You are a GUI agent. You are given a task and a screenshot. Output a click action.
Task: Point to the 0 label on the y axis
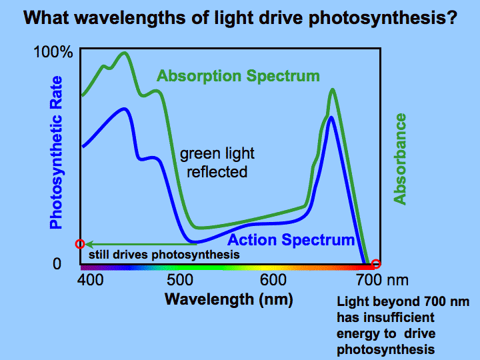[x=57, y=264]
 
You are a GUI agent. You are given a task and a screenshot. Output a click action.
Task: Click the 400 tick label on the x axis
[x=90, y=279]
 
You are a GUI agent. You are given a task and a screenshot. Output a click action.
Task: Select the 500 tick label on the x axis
[x=179, y=279]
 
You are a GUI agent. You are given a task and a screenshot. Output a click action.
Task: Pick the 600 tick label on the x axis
[x=272, y=279]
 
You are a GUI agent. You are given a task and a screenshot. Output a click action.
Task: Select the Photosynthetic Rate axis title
[x=57, y=153]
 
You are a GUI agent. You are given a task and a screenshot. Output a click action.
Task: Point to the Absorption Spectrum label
[x=238, y=76]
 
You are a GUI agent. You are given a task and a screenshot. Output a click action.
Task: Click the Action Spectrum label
[x=291, y=240]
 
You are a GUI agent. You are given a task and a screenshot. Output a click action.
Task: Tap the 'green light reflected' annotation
[x=217, y=163]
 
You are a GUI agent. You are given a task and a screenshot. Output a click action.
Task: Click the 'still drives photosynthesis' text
[x=163, y=254]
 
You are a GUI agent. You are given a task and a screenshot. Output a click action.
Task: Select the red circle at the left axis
[x=81, y=244]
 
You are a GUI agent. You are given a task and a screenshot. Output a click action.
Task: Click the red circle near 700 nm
[x=376, y=264]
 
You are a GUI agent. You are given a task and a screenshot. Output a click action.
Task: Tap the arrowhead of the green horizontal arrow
[x=88, y=244]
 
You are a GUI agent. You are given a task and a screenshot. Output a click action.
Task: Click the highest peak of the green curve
[x=124, y=53]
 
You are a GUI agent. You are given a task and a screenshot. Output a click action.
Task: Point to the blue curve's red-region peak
[x=331, y=117]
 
